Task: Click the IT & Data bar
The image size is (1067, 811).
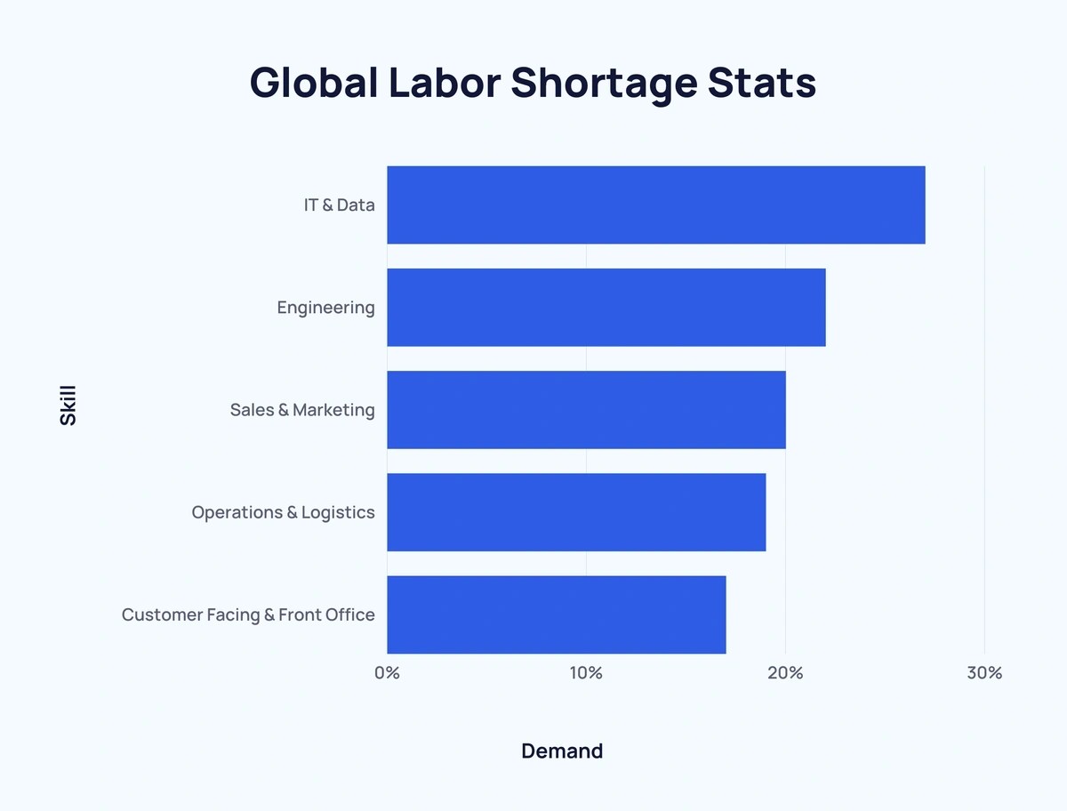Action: pos(656,205)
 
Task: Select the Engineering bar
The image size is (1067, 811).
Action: pos(606,307)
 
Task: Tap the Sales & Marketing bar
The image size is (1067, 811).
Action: pos(586,410)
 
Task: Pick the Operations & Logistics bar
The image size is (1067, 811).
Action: pos(576,512)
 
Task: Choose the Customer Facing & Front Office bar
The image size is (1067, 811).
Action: pos(557,614)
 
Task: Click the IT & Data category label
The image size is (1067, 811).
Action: pos(340,205)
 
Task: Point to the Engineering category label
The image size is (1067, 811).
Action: pos(325,308)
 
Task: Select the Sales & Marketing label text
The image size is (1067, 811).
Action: pos(302,410)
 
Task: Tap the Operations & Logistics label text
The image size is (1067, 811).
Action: pos(283,512)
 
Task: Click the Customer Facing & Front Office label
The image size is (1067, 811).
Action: pos(248,615)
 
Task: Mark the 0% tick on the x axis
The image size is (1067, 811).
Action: pos(388,673)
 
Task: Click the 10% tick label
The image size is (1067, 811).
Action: pos(586,673)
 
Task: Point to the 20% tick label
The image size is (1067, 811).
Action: pos(785,673)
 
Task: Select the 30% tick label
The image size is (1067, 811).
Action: pos(984,673)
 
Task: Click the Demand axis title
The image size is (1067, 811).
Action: pos(562,751)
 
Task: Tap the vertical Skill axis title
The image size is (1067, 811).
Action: pos(68,405)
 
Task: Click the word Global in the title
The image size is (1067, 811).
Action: pos(314,83)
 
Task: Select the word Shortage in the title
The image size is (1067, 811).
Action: pos(605,84)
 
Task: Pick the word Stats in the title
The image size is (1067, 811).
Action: pos(762,83)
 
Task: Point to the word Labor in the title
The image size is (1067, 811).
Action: pos(445,83)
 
